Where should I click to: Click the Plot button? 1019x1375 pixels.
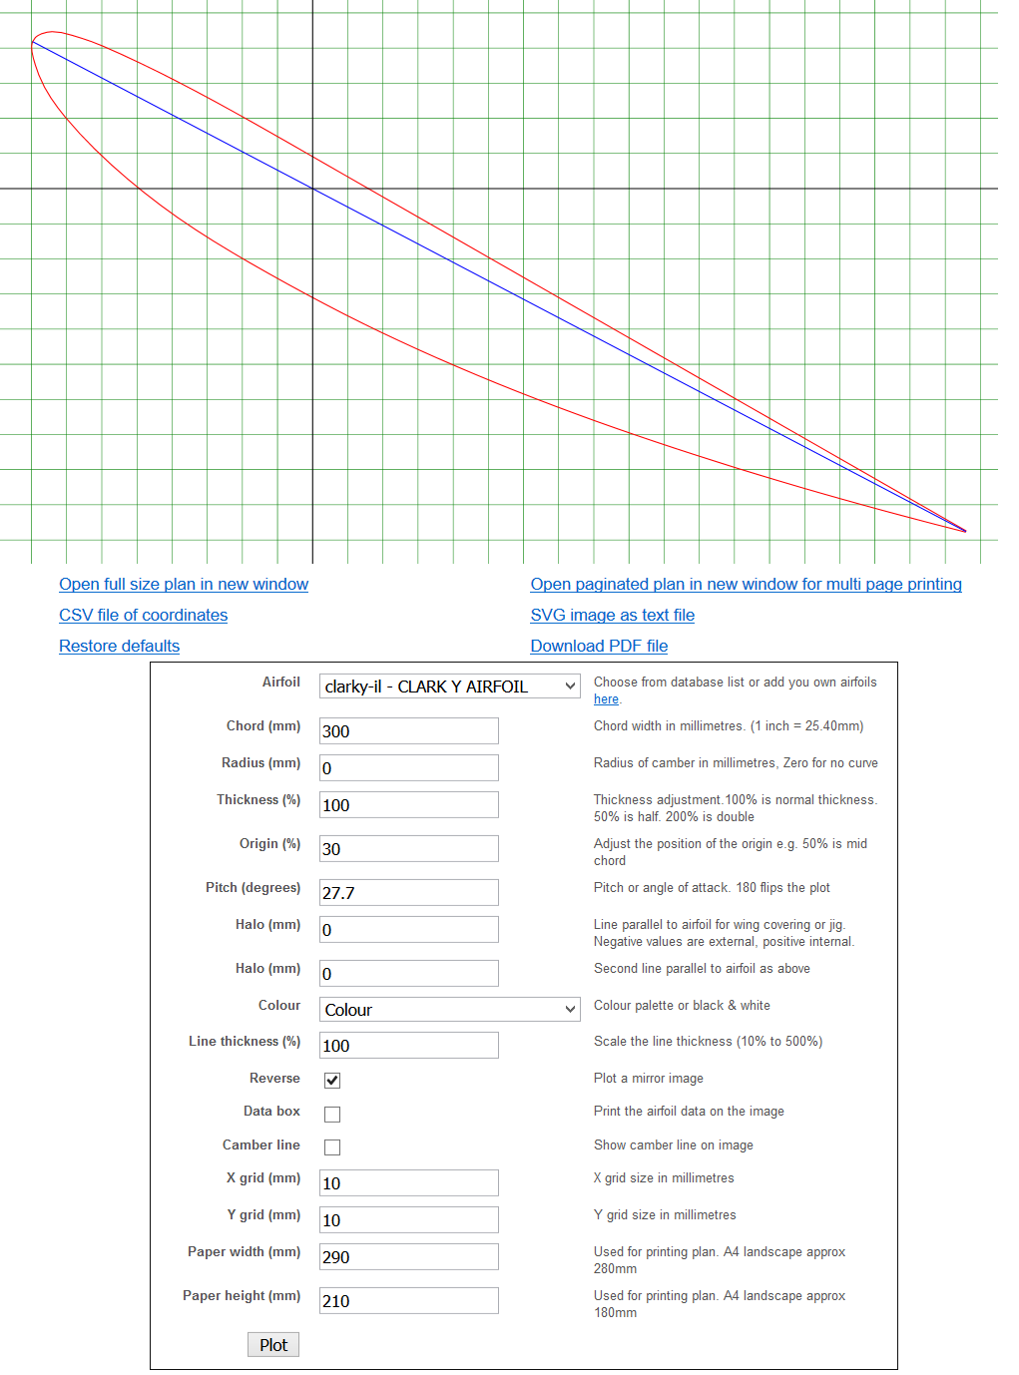[x=273, y=1345]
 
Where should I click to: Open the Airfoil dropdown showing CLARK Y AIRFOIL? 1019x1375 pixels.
[x=449, y=687]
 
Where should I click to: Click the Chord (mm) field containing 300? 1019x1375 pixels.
[x=408, y=731]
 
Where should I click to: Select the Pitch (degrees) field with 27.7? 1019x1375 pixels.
[x=408, y=893]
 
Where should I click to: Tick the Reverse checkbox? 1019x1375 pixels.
[x=332, y=1081]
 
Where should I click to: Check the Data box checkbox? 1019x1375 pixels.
[x=332, y=1114]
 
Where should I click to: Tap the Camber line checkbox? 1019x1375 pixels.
[x=332, y=1147]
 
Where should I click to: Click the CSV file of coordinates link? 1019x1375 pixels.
[x=143, y=616]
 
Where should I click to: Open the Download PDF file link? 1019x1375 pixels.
[x=599, y=647]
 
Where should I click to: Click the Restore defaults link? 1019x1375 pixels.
[x=119, y=647]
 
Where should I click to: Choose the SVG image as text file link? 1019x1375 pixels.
[x=612, y=616]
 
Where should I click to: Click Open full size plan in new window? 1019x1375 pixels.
[x=184, y=585]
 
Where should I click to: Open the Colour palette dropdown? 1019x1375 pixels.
[x=449, y=1010]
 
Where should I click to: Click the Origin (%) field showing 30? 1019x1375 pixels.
[x=408, y=849]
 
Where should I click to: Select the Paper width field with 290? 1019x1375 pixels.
[x=408, y=1257]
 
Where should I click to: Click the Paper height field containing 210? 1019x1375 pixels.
[x=408, y=1301]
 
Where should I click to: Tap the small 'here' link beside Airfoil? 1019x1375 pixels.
[x=606, y=699]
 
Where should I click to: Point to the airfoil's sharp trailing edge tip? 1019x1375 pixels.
[x=965, y=531]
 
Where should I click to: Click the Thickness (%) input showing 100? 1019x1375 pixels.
[x=408, y=805]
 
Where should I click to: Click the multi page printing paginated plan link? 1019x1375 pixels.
[x=746, y=585]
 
